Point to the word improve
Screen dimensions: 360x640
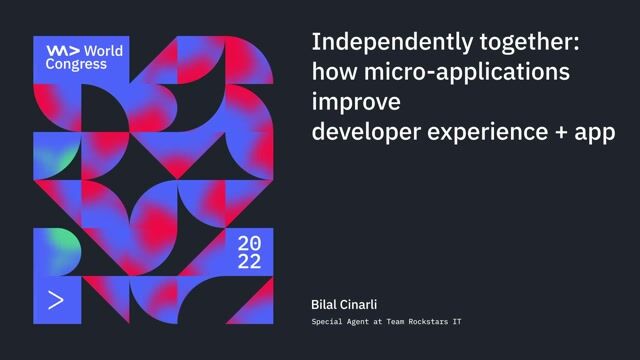356,103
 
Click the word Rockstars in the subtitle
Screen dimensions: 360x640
421,321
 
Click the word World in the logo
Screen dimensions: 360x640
104,50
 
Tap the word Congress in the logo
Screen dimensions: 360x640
76,63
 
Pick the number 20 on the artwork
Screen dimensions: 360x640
250,243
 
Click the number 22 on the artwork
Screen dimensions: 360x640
250,262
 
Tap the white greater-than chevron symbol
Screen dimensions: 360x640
56,299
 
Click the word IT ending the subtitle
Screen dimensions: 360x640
455,321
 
